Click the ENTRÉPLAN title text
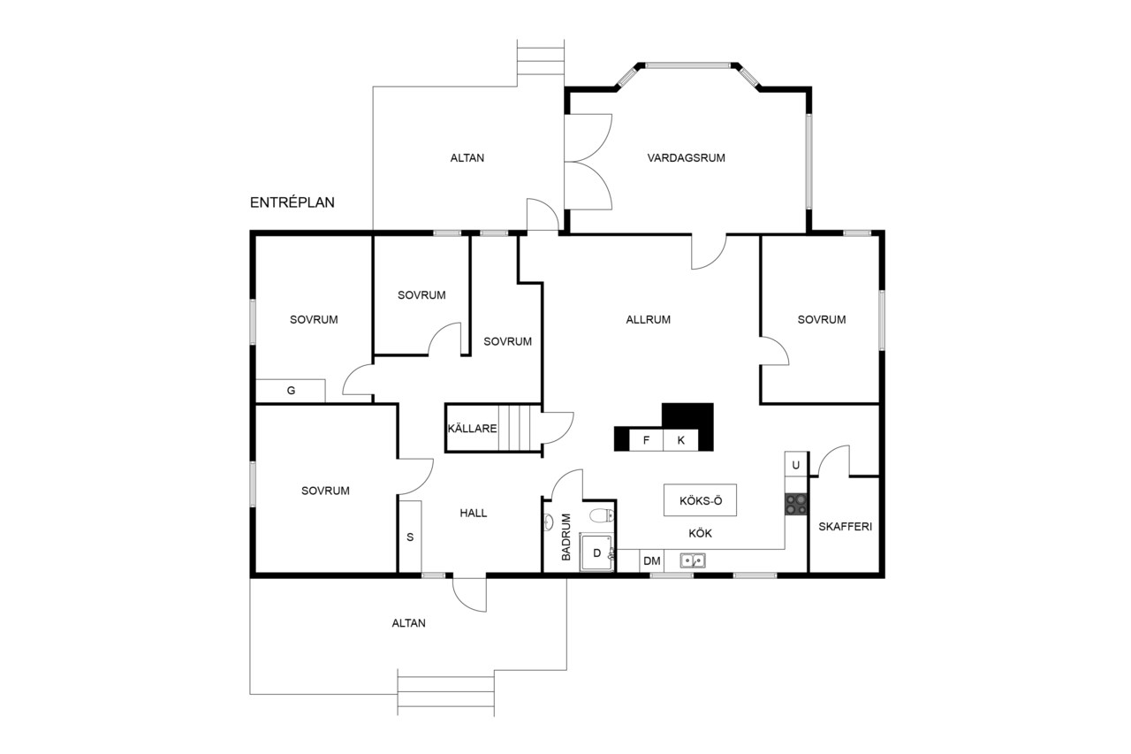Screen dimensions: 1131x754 point(292,202)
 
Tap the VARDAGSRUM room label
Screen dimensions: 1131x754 point(687,158)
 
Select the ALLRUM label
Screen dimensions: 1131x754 point(649,320)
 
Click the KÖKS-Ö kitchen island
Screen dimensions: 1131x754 point(700,500)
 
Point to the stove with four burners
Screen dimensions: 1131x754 point(796,504)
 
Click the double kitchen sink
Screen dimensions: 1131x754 point(692,560)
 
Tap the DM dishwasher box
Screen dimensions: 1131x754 point(652,561)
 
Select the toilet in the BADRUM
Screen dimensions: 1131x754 point(603,515)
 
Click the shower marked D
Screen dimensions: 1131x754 point(596,552)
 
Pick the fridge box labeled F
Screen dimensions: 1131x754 point(646,440)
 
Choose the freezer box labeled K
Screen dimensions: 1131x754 point(680,440)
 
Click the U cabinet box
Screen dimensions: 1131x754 point(796,465)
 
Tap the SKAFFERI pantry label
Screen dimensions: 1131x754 point(846,527)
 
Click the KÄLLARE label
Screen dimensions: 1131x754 point(472,429)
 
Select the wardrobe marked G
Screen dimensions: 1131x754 point(291,391)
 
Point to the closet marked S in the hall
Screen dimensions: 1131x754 point(410,537)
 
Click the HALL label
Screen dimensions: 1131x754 point(473,514)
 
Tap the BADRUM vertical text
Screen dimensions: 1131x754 point(566,537)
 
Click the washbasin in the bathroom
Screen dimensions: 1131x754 point(549,522)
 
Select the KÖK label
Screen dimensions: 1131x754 point(701,533)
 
